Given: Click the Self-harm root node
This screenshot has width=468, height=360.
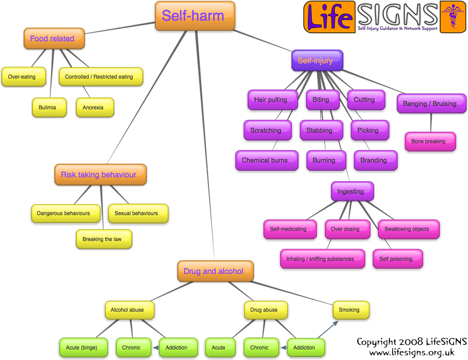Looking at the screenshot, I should (195, 16).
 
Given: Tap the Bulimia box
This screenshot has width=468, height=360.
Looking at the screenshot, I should (49, 108).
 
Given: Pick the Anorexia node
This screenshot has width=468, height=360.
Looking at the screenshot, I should (95, 108).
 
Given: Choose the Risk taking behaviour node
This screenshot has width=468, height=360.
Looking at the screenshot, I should (100, 175).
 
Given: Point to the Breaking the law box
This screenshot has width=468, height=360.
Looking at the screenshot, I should (103, 239).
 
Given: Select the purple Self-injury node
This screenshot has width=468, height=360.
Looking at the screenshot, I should (317, 61).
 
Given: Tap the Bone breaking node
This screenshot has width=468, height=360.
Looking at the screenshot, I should (430, 142).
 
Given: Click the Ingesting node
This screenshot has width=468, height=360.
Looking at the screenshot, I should (352, 191).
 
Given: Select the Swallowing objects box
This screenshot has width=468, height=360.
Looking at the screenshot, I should (408, 229).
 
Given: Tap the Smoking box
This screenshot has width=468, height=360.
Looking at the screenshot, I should (350, 310).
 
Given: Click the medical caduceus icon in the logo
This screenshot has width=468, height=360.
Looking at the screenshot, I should (452, 17).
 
